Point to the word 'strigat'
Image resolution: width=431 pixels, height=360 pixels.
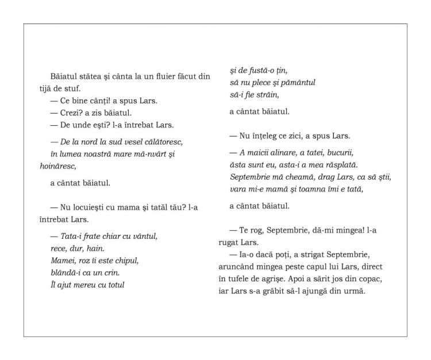315,255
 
